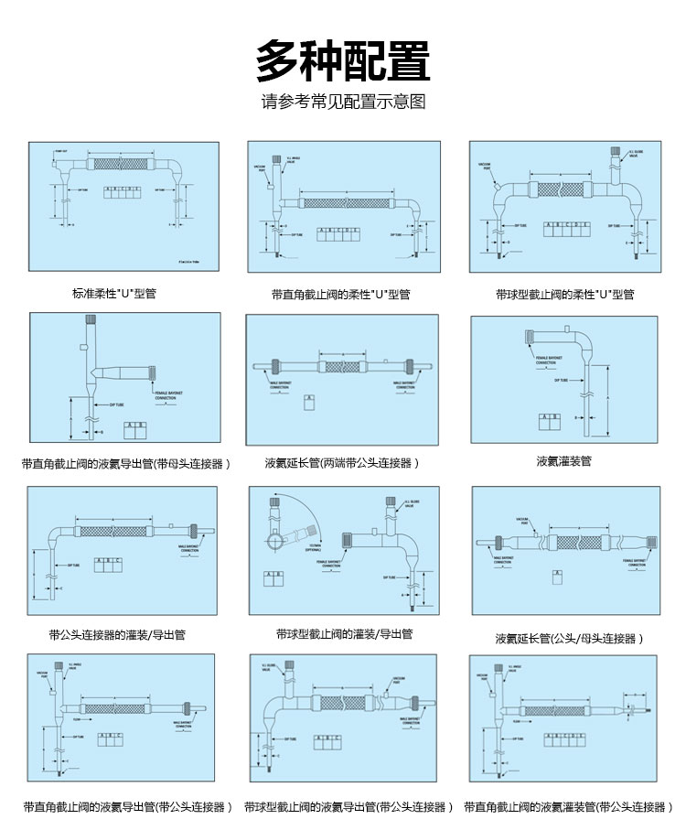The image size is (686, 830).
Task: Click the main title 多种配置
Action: (x=343, y=62)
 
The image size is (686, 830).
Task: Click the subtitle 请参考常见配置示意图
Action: (x=343, y=102)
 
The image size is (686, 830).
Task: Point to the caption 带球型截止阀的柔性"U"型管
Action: (x=564, y=295)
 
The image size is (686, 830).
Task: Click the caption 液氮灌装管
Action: (x=563, y=461)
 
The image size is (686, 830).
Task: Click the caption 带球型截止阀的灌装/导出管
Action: (x=344, y=633)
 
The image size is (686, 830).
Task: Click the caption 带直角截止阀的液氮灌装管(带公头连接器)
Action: (x=566, y=807)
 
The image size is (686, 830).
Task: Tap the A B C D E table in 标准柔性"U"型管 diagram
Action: (x=122, y=190)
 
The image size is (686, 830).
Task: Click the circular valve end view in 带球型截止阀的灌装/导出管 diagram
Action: (x=276, y=540)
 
